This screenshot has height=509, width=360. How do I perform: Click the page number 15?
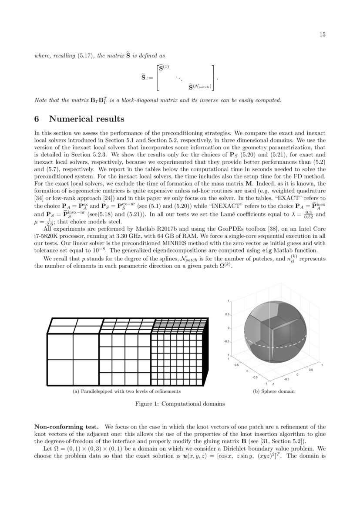coord(323,35)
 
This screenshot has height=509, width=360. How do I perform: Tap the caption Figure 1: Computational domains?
coord(180,404)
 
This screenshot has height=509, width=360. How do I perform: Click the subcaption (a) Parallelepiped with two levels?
coord(126,391)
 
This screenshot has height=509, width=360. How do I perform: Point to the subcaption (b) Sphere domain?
coord(274,391)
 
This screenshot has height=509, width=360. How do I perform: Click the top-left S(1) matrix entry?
coord(163,68)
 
